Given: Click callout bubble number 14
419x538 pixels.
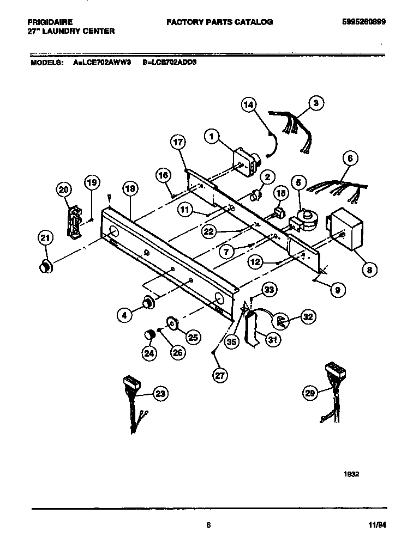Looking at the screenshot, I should pos(248,105).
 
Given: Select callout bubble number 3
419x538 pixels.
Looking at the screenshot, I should pos(316,102).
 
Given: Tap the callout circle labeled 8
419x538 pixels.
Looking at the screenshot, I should pos(369,268).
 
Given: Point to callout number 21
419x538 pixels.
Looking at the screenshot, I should pos(46,237).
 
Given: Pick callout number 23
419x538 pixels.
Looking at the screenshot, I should pos(159,394).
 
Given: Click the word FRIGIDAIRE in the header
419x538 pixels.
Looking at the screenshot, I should pos(50,22).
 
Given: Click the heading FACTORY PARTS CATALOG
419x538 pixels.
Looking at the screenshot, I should pos(219,22).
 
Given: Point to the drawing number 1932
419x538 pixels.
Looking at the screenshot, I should pos(351,474).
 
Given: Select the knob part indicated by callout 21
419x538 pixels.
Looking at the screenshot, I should pos(45,266).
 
